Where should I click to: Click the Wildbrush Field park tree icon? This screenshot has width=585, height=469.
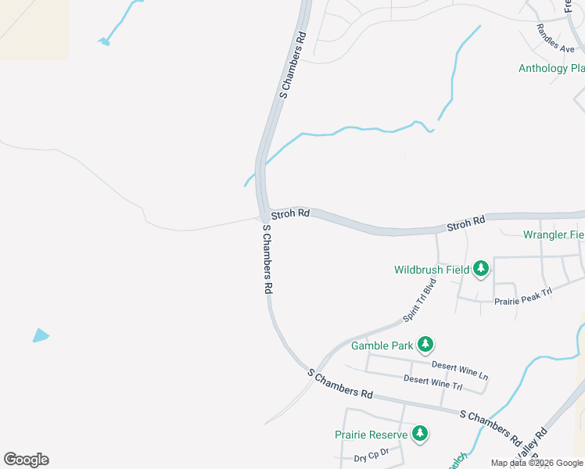point(481,270)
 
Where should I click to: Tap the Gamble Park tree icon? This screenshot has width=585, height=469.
point(425,345)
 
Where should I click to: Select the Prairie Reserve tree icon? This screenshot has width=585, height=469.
point(420,434)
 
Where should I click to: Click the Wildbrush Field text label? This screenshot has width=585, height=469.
point(431,270)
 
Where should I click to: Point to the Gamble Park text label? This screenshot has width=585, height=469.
point(382,345)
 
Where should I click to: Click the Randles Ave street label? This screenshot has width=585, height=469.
point(555,38)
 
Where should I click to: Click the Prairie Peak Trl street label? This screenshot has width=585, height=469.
point(523,295)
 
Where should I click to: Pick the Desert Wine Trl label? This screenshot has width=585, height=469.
point(432,382)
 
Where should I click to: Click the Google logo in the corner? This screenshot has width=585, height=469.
point(26,460)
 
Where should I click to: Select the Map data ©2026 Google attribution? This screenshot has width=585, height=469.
point(537,463)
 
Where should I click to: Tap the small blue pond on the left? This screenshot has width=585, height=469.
point(40,335)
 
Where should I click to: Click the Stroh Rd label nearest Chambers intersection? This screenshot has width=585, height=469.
point(290,213)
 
